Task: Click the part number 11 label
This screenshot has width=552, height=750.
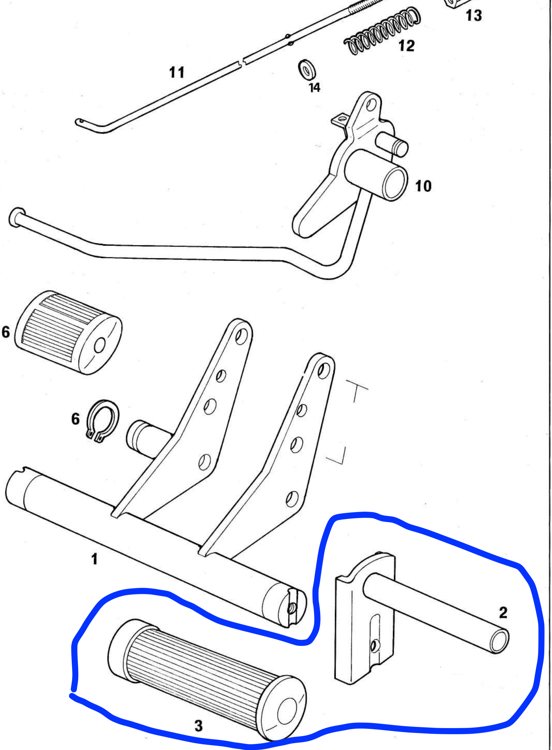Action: (177, 73)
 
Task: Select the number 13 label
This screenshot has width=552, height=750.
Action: (473, 16)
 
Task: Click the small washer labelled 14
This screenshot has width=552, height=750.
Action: (307, 70)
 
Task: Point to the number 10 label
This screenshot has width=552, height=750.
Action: (423, 186)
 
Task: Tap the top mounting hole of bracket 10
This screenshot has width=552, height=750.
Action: (370, 106)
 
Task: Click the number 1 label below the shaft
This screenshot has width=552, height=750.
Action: (94, 559)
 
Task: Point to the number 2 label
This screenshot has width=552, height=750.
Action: (503, 612)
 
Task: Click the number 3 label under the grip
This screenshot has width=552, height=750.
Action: (198, 725)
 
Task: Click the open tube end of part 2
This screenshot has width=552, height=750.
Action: (499, 641)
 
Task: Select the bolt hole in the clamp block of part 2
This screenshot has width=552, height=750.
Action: (375, 645)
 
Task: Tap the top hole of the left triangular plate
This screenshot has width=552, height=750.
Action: (242, 336)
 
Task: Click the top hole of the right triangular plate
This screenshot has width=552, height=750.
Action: (323, 370)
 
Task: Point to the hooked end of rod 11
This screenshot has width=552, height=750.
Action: (80, 121)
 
